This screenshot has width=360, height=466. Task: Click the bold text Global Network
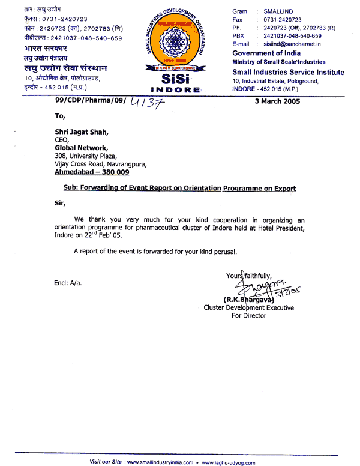point(82,147)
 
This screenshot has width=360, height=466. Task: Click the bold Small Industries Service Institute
point(288,73)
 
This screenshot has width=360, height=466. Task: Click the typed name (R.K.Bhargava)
point(248,299)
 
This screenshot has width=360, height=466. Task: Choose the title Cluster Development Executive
point(249,307)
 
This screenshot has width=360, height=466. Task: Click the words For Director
point(249,316)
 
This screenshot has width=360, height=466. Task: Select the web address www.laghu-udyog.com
point(233,462)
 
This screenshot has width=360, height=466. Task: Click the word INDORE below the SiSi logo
point(175,89)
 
